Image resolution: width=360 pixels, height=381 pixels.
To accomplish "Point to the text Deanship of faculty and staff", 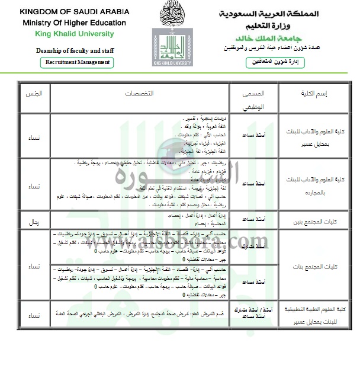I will (x=61, y=50).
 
